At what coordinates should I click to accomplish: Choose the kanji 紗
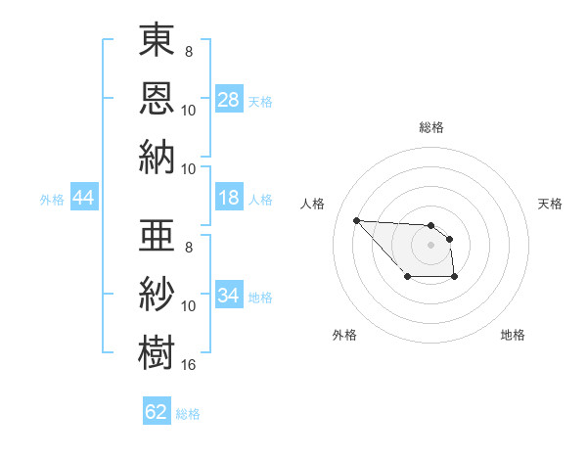coord(157,293)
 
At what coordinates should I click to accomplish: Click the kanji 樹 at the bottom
coord(157,350)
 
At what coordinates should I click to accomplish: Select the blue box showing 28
coord(228,100)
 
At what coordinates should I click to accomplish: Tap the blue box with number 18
coord(228,199)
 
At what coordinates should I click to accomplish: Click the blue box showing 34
coord(228,296)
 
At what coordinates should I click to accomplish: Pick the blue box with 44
coord(83,199)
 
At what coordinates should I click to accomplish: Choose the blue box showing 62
coord(156,412)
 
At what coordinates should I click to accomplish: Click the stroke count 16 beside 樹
coord(188,365)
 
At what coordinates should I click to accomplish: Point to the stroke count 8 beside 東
coord(188,51)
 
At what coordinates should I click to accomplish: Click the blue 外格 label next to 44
coord(52,200)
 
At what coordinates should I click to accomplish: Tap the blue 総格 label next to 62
coord(188,414)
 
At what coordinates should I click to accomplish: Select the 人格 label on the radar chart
coord(313,204)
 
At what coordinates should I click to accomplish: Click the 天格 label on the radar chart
coord(550,204)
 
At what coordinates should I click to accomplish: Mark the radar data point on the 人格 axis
coord(356,220)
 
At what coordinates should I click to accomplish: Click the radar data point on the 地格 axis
coord(455,278)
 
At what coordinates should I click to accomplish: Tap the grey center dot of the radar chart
coord(430,245)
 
